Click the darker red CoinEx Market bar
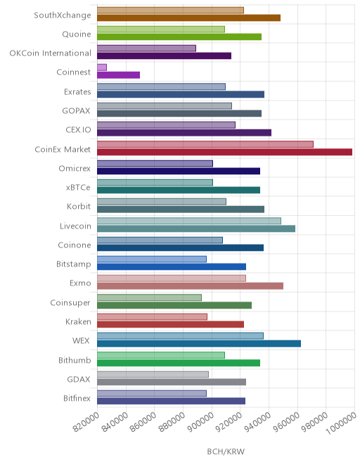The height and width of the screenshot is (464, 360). [224, 152]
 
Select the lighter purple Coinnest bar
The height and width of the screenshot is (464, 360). [102, 67]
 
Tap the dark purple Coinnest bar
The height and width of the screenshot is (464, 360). [118, 75]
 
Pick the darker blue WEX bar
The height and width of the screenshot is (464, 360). [199, 344]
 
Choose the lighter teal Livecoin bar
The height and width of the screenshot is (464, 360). [189, 221]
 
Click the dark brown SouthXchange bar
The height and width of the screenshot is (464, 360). [188, 18]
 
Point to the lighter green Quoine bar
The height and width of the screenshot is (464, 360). [161, 30]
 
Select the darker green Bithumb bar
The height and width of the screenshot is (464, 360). [179, 363]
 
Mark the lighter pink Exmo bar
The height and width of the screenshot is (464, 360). [172, 278]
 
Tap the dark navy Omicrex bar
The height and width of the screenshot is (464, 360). [179, 171]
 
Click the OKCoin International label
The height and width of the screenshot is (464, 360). [51, 53]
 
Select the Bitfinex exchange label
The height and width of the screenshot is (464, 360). [77, 399]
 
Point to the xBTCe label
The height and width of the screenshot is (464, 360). [78, 188]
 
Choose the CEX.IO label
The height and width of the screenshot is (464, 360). [78, 130]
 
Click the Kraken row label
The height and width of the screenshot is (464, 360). [78, 322]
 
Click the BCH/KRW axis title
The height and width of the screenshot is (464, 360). [226, 451]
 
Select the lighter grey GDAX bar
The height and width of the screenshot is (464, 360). [153, 374]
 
